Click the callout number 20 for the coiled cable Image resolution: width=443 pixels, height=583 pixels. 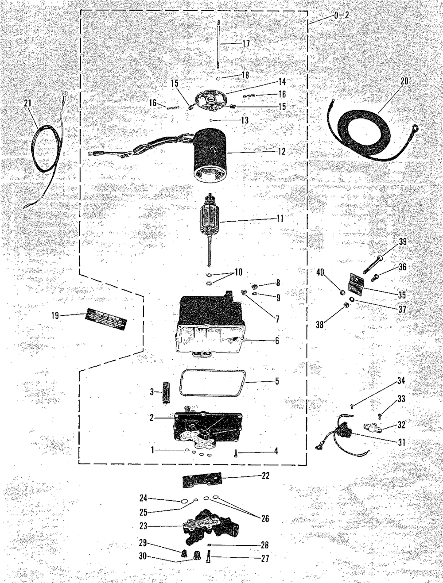click(x=404, y=81)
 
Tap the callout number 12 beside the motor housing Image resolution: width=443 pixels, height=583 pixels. click(x=282, y=152)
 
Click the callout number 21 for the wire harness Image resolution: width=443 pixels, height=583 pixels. click(x=28, y=103)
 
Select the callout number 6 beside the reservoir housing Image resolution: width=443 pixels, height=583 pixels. click(x=277, y=341)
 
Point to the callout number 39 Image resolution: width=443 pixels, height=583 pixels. click(x=402, y=242)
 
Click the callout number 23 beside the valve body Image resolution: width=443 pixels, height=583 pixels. click(x=144, y=526)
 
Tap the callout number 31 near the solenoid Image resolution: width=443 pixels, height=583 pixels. click(x=401, y=442)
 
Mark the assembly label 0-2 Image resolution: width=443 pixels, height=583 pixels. click(x=342, y=15)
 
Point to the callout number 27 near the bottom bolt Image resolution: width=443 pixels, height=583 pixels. click(x=265, y=559)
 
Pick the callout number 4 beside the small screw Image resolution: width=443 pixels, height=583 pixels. click(x=276, y=452)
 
